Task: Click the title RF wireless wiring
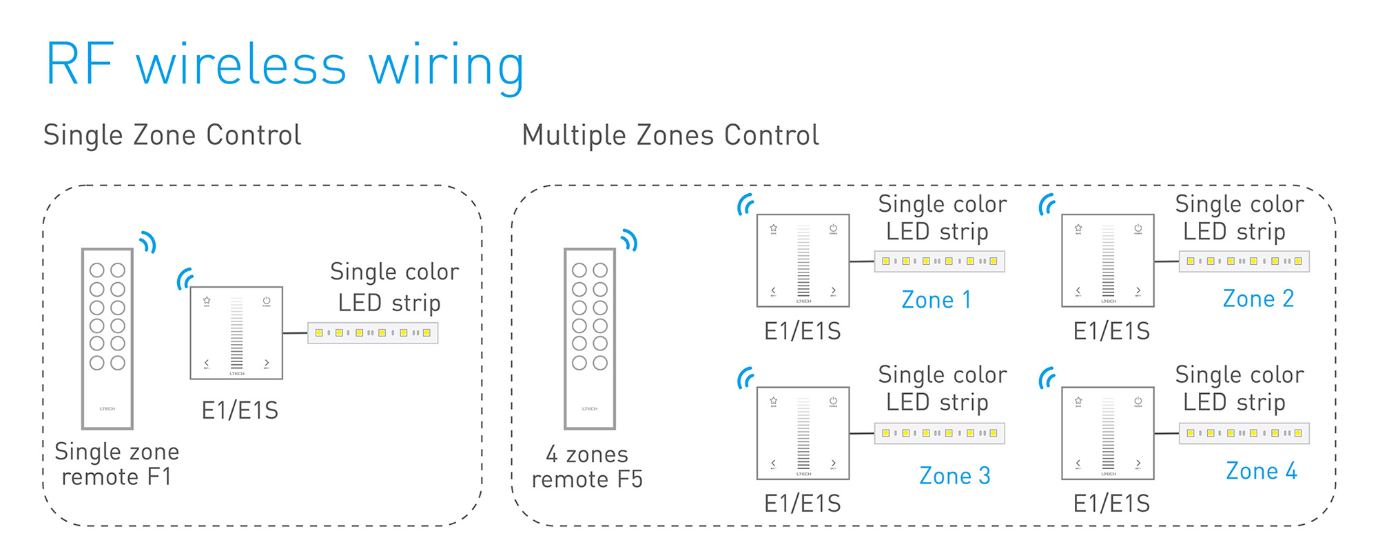285,66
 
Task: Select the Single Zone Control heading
172,135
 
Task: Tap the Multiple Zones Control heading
670,135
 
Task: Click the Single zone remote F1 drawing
107,338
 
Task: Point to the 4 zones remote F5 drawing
590,338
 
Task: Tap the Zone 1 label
936,300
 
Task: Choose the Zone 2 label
1258,299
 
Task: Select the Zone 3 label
954,476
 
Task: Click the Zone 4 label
1261,471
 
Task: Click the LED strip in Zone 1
939,261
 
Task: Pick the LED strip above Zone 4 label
1244,433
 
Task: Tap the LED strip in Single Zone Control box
373,333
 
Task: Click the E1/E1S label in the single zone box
240,410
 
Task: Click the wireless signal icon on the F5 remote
630,240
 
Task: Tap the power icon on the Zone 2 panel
1138,228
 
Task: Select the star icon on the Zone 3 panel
774,401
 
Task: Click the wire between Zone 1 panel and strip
862,261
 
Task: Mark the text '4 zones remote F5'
587,467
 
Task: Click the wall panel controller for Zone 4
1107,433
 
